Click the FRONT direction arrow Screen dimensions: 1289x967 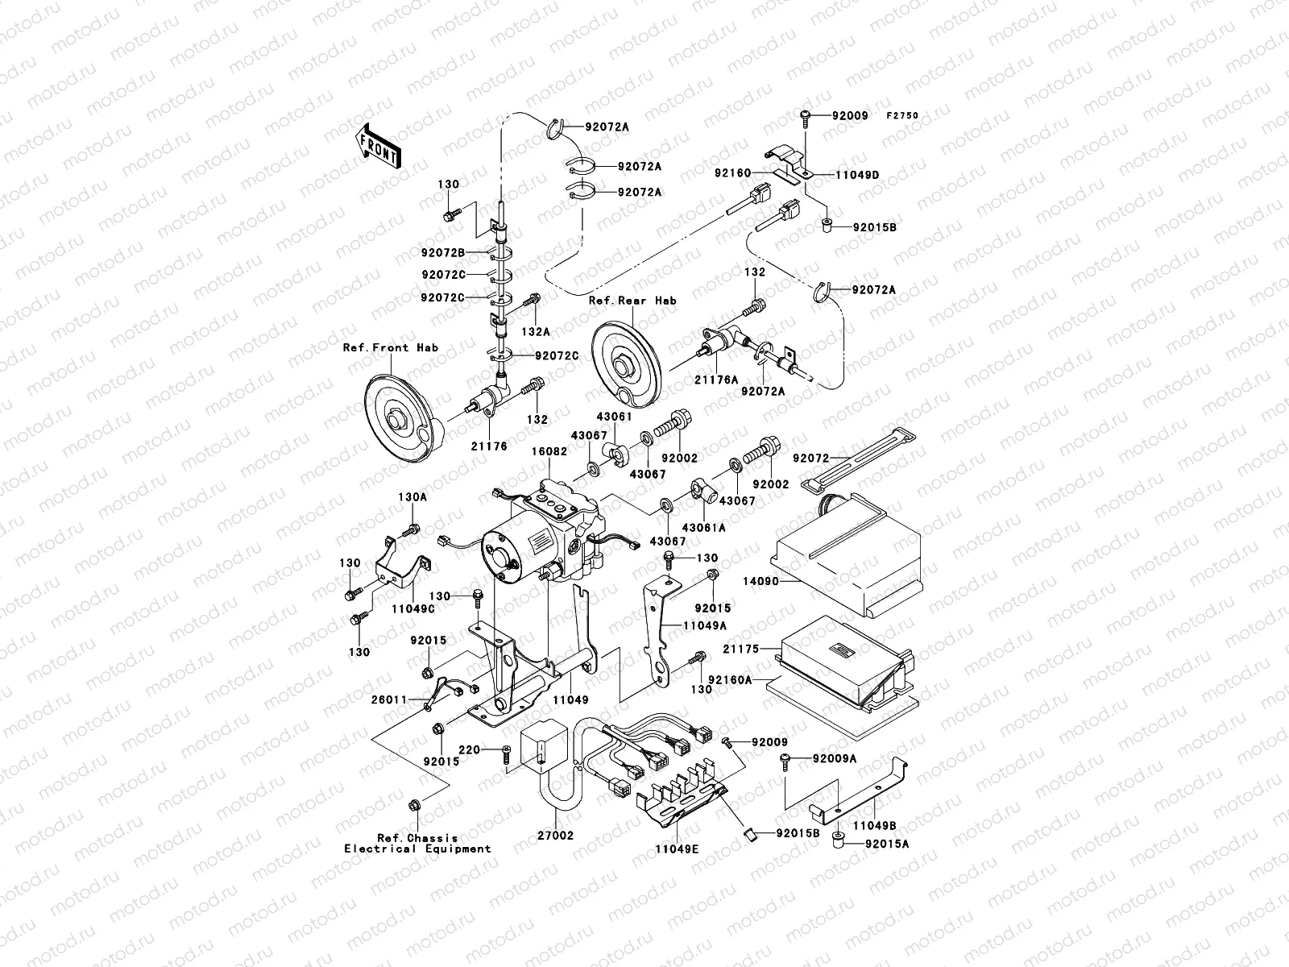pyautogui.click(x=379, y=146)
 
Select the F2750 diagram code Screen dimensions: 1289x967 pyautogui.click(x=902, y=116)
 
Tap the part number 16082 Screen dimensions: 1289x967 pyautogui.click(x=549, y=451)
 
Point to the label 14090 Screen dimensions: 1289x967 pyautogui.click(x=761, y=581)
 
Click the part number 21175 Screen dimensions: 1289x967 pyautogui.click(x=741, y=649)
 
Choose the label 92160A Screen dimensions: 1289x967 pyautogui.click(x=730, y=680)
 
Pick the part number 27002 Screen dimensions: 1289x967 pyautogui.click(x=556, y=836)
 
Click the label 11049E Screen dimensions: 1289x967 pyautogui.click(x=677, y=849)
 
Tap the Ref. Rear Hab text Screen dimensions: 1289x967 pyautogui.click(x=632, y=301)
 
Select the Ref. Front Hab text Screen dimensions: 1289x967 pyautogui.click(x=391, y=347)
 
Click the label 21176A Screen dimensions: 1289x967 pyautogui.click(x=716, y=380)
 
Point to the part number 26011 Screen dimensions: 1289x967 pyautogui.click(x=389, y=699)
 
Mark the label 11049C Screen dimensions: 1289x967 pyautogui.click(x=413, y=609)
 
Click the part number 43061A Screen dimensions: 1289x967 pyautogui.click(x=703, y=528)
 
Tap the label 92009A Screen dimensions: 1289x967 pyautogui.click(x=835, y=759)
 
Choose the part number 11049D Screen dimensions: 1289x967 pyautogui.click(x=857, y=175)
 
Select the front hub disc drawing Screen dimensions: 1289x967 pyautogui.click(x=404, y=418)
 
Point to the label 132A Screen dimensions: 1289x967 pyautogui.click(x=536, y=332)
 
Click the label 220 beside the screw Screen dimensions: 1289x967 pyautogui.click(x=469, y=749)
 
